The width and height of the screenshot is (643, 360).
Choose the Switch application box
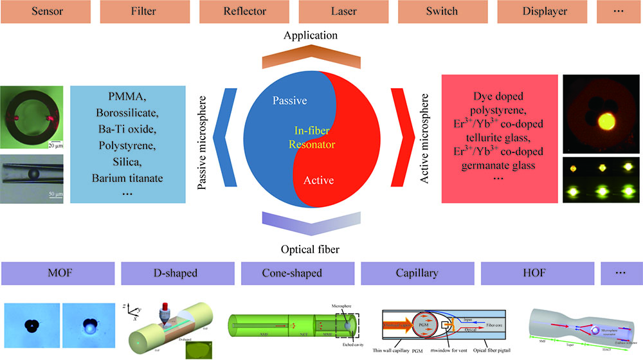tap(442, 11)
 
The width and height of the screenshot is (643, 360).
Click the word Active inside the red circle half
tap(319, 181)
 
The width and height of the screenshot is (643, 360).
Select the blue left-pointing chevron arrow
tap(217, 136)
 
